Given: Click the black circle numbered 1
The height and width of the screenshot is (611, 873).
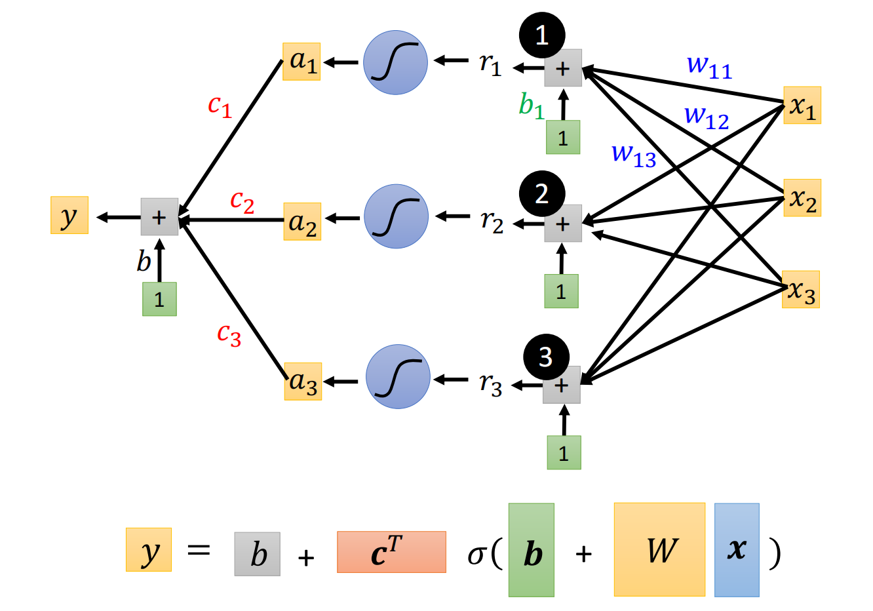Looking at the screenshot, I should (x=542, y=35).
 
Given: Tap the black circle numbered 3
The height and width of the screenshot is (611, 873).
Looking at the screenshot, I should (x=546, y=357).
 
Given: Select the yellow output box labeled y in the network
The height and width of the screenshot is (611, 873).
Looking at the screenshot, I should (x=69, y=216).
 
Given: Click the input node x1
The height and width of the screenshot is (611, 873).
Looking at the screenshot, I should (x=802, y=106).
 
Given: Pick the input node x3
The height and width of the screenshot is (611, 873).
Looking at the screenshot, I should (x=801, y=290).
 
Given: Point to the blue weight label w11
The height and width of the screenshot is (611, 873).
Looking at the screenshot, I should (x=708, y=66).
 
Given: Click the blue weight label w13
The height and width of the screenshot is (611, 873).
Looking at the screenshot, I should (x=633, y=155).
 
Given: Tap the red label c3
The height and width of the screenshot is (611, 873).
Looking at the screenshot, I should (x=229, y=334).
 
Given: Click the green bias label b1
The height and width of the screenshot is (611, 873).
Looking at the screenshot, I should (x=531, y=105).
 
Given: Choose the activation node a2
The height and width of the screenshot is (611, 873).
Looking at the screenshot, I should (x=302, y=222).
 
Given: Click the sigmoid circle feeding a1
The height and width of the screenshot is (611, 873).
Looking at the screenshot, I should (x=395, y=63).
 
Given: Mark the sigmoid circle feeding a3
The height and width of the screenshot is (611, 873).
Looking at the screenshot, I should (x=398, y=377).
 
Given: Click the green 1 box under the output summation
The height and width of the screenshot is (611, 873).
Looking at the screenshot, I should (x=159, y=300).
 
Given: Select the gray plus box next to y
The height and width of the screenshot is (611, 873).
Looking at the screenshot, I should (x=159, y=217).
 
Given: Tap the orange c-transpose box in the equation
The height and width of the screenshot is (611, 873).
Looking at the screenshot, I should (x=391, y=552).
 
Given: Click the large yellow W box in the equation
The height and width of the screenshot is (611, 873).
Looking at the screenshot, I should (x=659, y=549).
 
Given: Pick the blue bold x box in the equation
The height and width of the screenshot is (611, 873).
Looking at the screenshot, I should (x=737, y=549).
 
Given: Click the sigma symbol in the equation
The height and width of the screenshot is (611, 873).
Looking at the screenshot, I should (x=476, y=555).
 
